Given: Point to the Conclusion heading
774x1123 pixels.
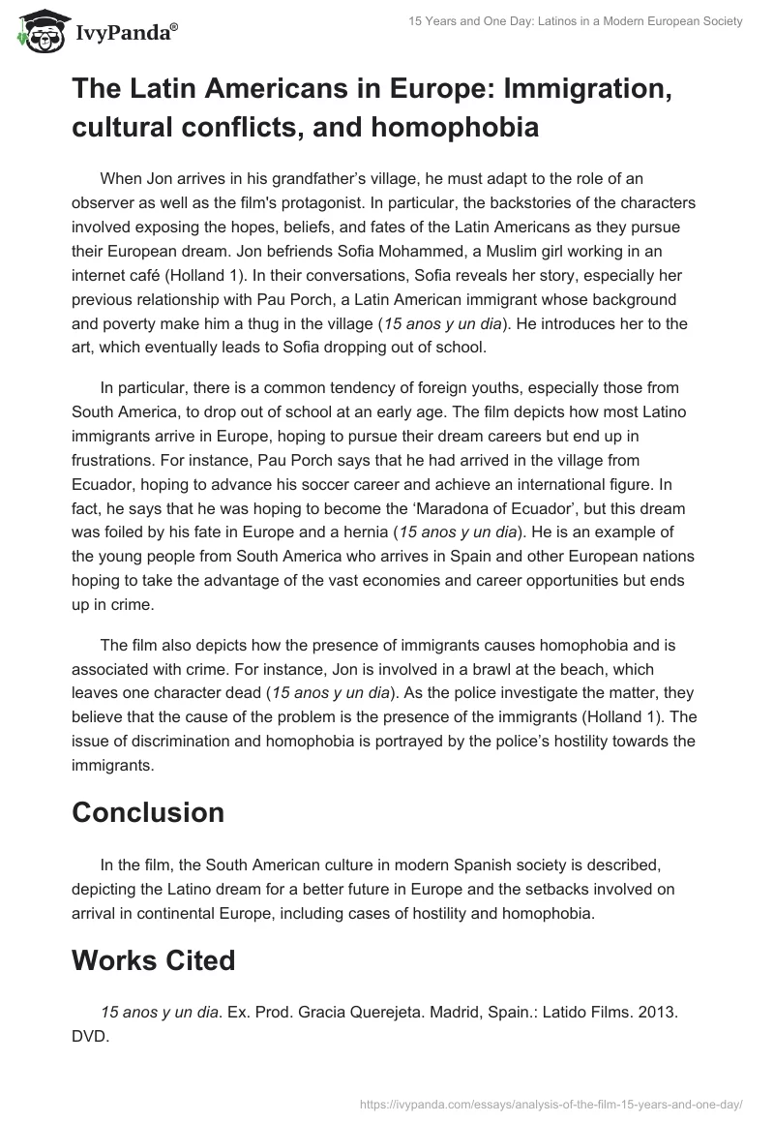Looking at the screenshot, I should [x=148, y=811].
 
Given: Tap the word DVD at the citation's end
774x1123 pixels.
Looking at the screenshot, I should [x=88, y=1033].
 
